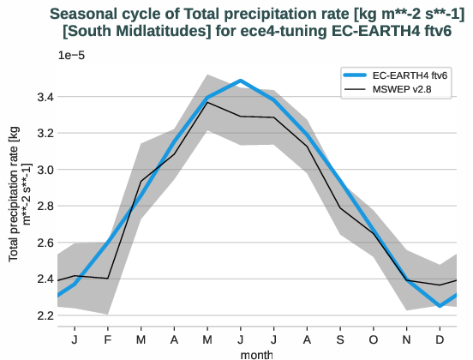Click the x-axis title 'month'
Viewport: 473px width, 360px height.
[x=257, y=352]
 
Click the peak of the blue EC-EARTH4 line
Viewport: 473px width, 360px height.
[x=241, y=81]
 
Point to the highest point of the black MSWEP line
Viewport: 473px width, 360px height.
[x=207, y=102]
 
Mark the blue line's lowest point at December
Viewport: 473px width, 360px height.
[x=440, y=306]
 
